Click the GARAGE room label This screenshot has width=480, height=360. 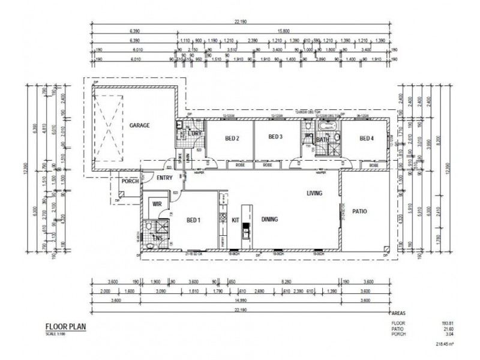139,125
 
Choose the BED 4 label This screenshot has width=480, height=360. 366,139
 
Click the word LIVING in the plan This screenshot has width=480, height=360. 314,193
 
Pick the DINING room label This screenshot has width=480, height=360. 269,220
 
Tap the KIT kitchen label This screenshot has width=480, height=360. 236,220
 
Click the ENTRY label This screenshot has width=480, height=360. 164,178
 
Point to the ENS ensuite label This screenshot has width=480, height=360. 158,239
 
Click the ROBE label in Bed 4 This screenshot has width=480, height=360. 373,165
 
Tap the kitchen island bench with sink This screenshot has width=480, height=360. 245,227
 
